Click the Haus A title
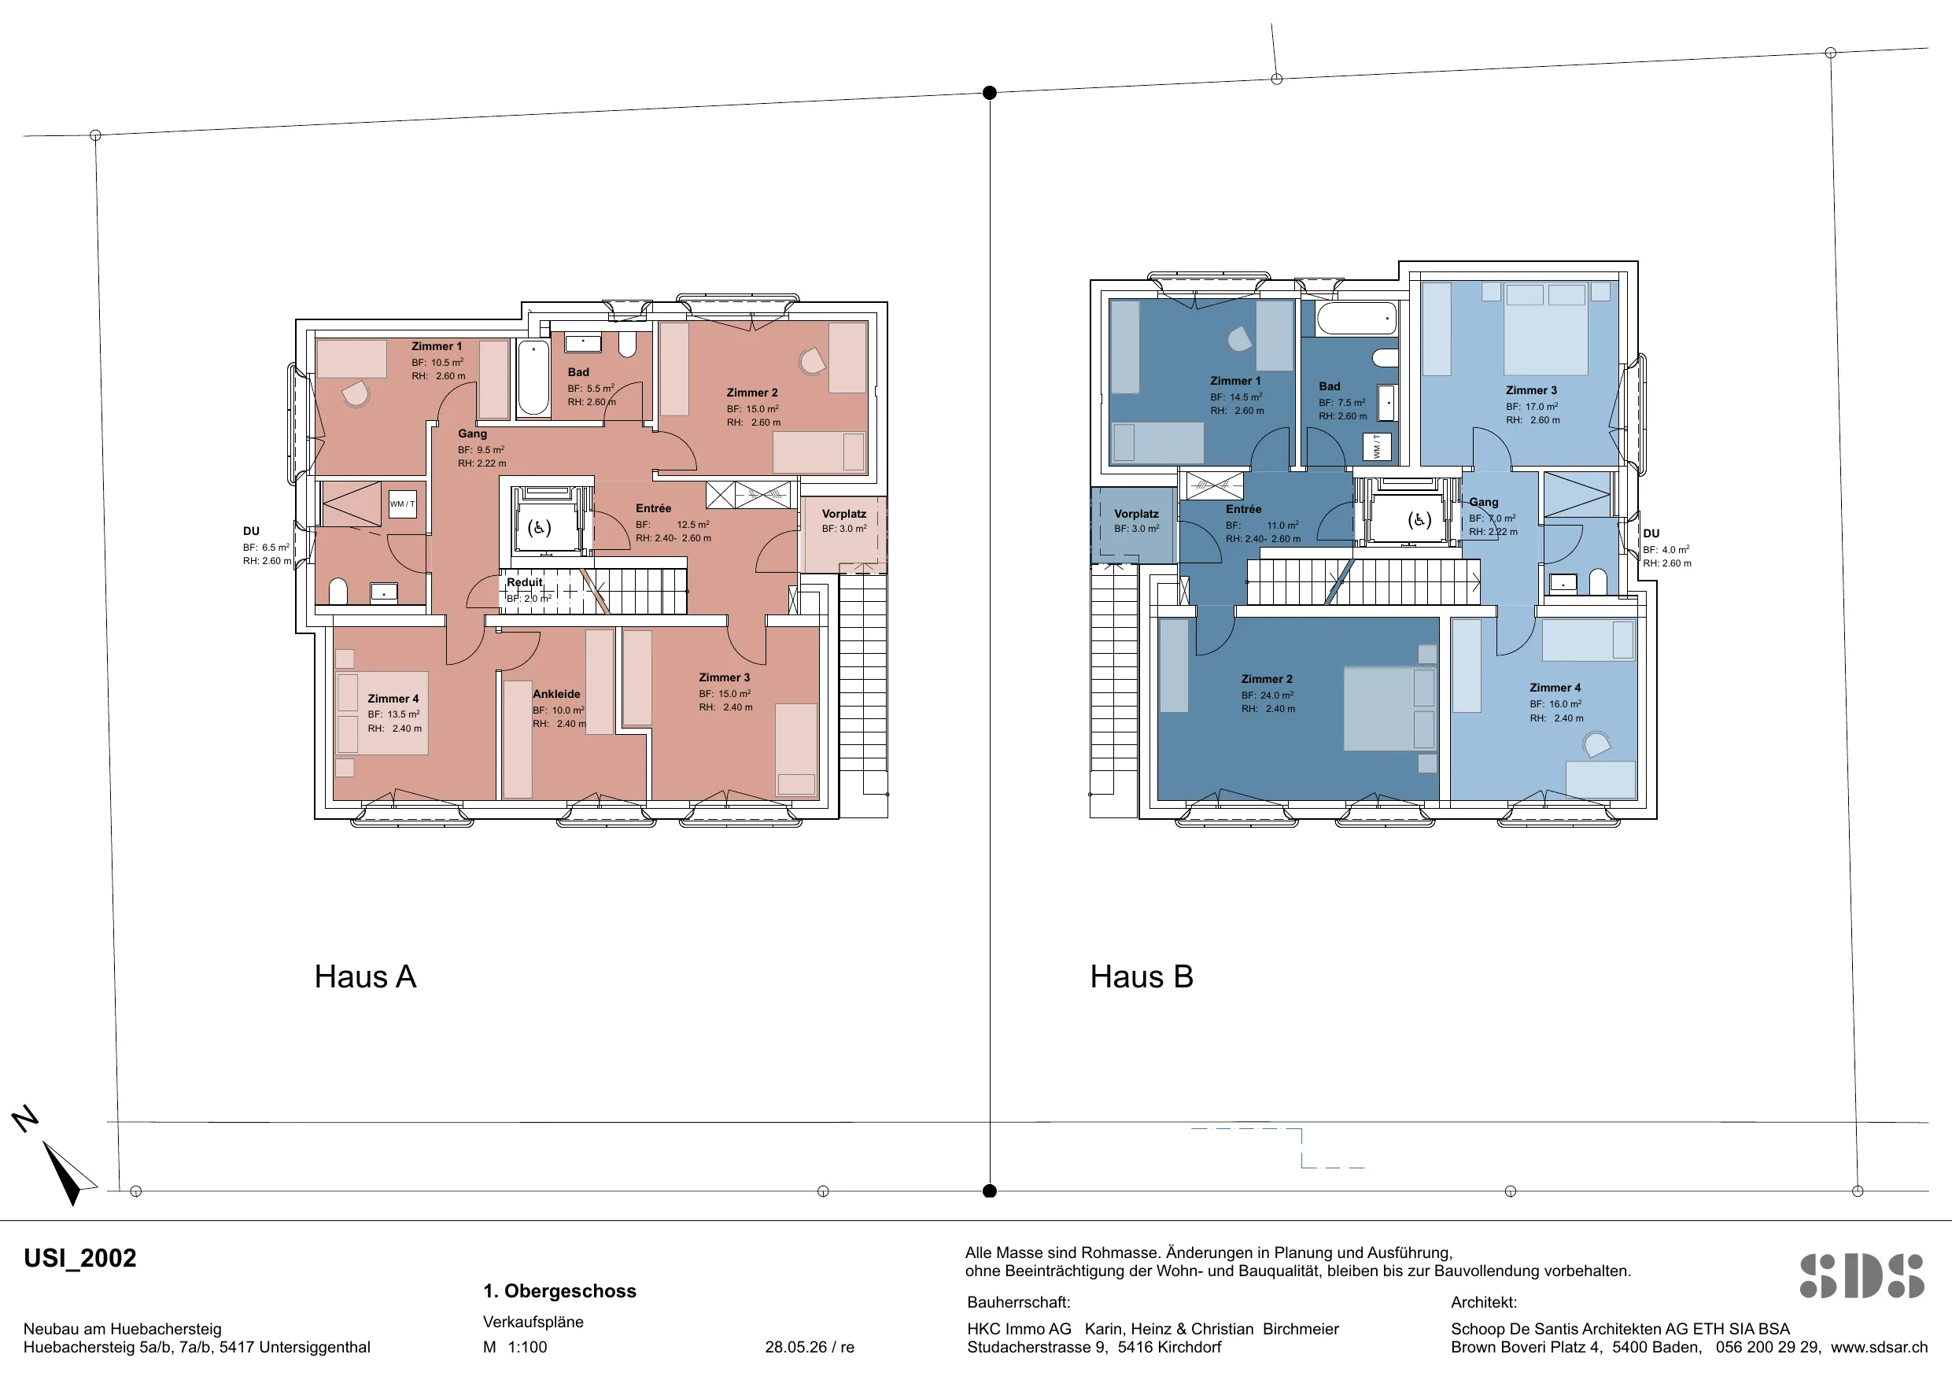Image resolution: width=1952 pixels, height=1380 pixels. [x=366, y=977]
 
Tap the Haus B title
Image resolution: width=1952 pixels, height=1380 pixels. [x=1142, y=977]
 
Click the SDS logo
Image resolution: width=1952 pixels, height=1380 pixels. [x=1862, y=1276]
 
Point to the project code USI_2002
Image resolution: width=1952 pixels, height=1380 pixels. [x=80, y=1258]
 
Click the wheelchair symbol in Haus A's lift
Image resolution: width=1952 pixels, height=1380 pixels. [x=539, y=528]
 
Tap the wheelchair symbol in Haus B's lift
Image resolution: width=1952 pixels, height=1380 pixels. [x=1419, y=519]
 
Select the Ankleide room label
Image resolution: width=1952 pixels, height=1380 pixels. [x=557, y=694]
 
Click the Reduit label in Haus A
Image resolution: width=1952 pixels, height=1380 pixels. [x=525, y=582]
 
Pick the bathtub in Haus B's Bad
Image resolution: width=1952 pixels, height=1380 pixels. [x=1357, y=319]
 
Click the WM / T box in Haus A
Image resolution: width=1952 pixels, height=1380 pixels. [x=402, y=504]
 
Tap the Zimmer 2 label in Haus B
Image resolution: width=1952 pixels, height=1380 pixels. [x=1267, y=678]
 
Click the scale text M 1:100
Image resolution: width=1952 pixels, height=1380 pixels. [x=515, y=1347]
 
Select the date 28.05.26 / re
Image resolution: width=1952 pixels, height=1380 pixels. [x=810, y=1347]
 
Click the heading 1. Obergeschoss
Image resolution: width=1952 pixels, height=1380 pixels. [x=559, y=1291]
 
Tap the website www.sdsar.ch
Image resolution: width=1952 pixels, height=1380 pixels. [x=1879, y=1347]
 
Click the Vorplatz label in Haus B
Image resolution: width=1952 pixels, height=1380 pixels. [x=1137, y=514]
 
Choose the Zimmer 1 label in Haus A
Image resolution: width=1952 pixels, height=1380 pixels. [x=437, y=346]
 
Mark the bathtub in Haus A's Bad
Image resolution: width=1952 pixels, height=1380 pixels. [x=534, y=378]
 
